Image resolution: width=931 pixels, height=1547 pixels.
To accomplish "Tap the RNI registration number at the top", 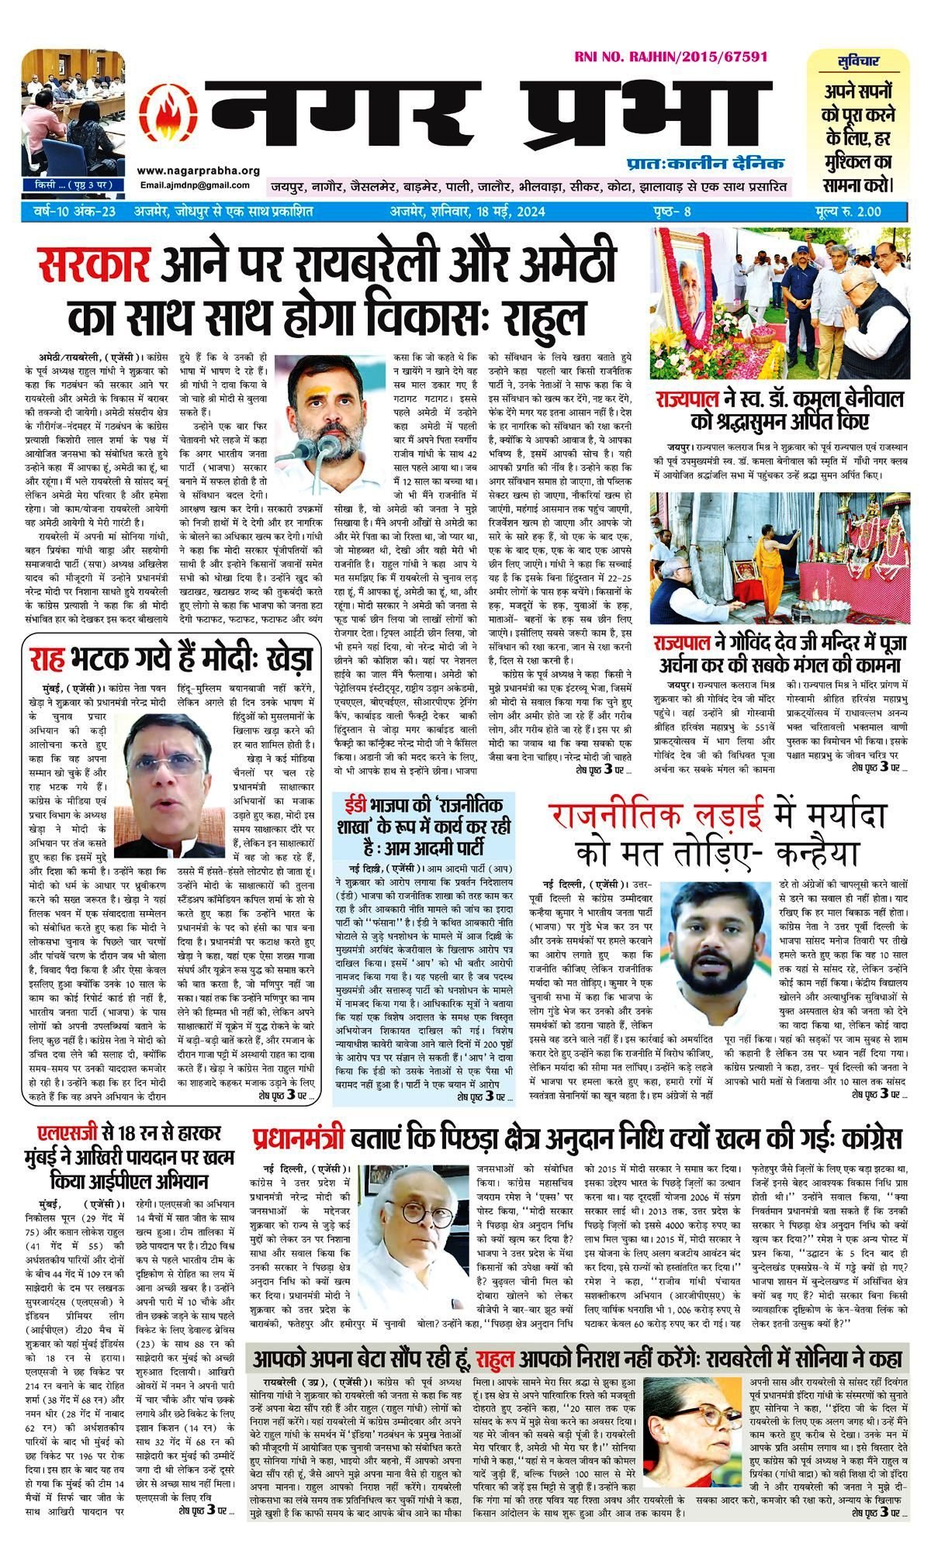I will pyautogui.click(x=671, y=57).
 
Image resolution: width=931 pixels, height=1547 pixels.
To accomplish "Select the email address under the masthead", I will pyautogui.click(x=196, y=185).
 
